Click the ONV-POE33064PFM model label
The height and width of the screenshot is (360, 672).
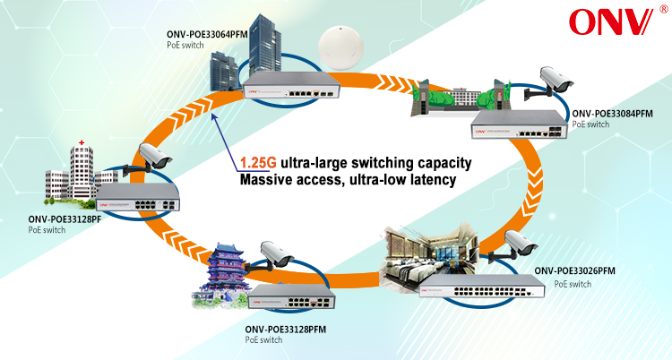(207, 35)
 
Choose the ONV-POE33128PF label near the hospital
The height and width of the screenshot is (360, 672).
(62, 219)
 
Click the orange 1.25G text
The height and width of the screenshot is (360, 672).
(257, 164)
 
